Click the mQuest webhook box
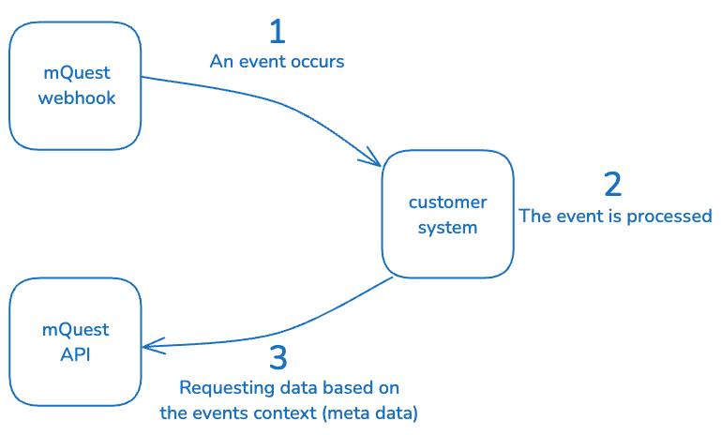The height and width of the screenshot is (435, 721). (x=76, y=85)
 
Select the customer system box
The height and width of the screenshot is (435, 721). (x=447, y=215)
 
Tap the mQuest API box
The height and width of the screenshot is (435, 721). (x=75, y=342)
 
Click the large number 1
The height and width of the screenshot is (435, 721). (x=277, y=32)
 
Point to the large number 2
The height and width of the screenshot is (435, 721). (x=612, y=184)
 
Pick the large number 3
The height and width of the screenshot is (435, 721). (x=278, y=358)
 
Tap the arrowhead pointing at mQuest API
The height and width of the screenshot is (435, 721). (x=153, y=345)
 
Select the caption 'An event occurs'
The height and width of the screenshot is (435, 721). (x=277, y=63)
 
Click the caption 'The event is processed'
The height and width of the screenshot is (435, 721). (x=616, y=217)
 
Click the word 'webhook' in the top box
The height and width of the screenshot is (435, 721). (x=77, y=97)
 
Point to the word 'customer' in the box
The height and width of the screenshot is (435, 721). (x=447, y=202)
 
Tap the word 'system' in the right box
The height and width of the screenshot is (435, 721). (x=447, y=228)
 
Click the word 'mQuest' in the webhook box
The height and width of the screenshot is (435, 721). (x=76, y=72)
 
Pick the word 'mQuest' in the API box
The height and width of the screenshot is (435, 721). (x=76, y=330)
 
